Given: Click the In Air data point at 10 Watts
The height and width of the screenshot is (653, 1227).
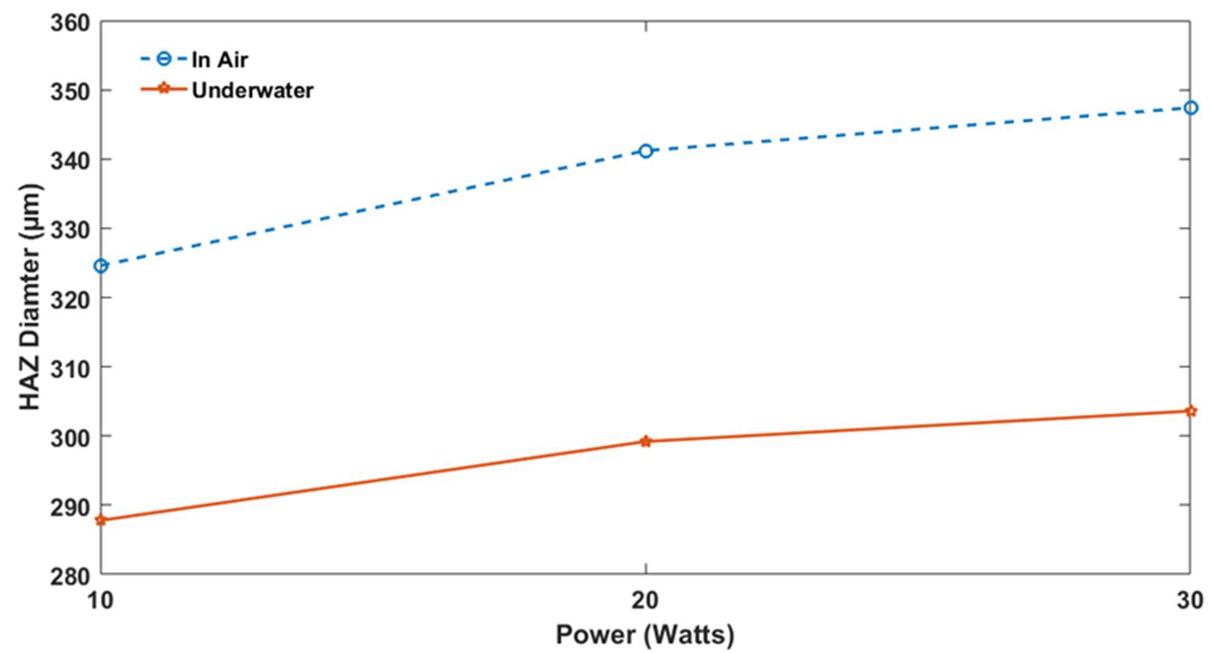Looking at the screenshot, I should click(x=101, y=266).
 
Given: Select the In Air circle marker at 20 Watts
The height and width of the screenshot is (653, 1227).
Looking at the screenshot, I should click(x=645, y=151).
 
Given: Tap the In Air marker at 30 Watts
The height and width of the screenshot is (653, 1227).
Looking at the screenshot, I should click(x=1190, y=108).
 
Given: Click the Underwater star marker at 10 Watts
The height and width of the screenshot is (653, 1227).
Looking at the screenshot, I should click(x=101, y=520).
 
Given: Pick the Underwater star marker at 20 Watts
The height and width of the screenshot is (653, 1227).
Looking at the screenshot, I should click(x=645, y=441).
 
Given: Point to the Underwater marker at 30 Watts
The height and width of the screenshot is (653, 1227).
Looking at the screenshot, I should click(x=1190, y=411).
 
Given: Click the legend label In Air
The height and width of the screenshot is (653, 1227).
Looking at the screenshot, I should click(x=219, y=60).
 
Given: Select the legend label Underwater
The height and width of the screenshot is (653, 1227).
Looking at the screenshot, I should click(x=252, y=91).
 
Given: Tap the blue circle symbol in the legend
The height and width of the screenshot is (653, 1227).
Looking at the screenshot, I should click(x=163, y=60).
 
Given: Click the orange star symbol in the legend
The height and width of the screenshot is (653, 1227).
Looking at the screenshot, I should click(x=163, y=89).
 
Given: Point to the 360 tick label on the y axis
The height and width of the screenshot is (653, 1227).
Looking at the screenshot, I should click(x=71, y=23).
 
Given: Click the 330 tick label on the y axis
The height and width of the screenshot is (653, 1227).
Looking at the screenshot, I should click(x=71, y=230).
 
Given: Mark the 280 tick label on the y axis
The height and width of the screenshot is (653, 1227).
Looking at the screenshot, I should click(x=71, y=576).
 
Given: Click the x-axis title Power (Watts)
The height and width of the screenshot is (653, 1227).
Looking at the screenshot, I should click(x=645, y=635).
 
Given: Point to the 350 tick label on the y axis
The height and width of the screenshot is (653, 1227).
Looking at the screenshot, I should click(x=71, y=92).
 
